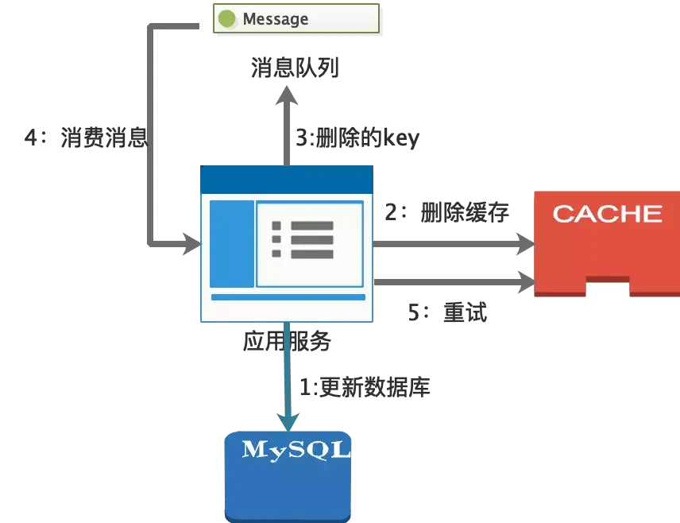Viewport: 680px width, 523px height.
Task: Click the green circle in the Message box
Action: (x=227, y=18)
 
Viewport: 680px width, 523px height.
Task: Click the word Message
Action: (x=275, y=18)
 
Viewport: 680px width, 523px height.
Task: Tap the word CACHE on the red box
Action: (x=607, y=214)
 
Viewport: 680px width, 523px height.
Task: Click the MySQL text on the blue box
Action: (x=296, y=449)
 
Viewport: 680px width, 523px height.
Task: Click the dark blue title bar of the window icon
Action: (x=286, y=179)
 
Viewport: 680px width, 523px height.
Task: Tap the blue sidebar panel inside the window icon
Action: (x=232, y=243)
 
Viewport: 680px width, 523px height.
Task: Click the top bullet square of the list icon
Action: (x=276, y=226)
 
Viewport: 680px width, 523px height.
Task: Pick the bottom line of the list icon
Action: (x=311, y=254)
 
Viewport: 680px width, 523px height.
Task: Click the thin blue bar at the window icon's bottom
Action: (x=288, y=297)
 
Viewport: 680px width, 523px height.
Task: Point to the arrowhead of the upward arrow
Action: (x=286, y=99)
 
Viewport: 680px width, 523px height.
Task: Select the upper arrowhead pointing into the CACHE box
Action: (x=524, y=242)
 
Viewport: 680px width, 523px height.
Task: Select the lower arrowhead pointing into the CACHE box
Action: (x=525, y=279)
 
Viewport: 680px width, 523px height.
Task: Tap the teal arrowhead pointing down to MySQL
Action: (x=288, y=417)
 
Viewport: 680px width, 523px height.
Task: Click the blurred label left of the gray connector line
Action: (x=84, y=138)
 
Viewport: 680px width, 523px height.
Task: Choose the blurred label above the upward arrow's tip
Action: (x=296, y=68)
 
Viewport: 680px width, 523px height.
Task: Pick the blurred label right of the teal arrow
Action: (x=367, y=388)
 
